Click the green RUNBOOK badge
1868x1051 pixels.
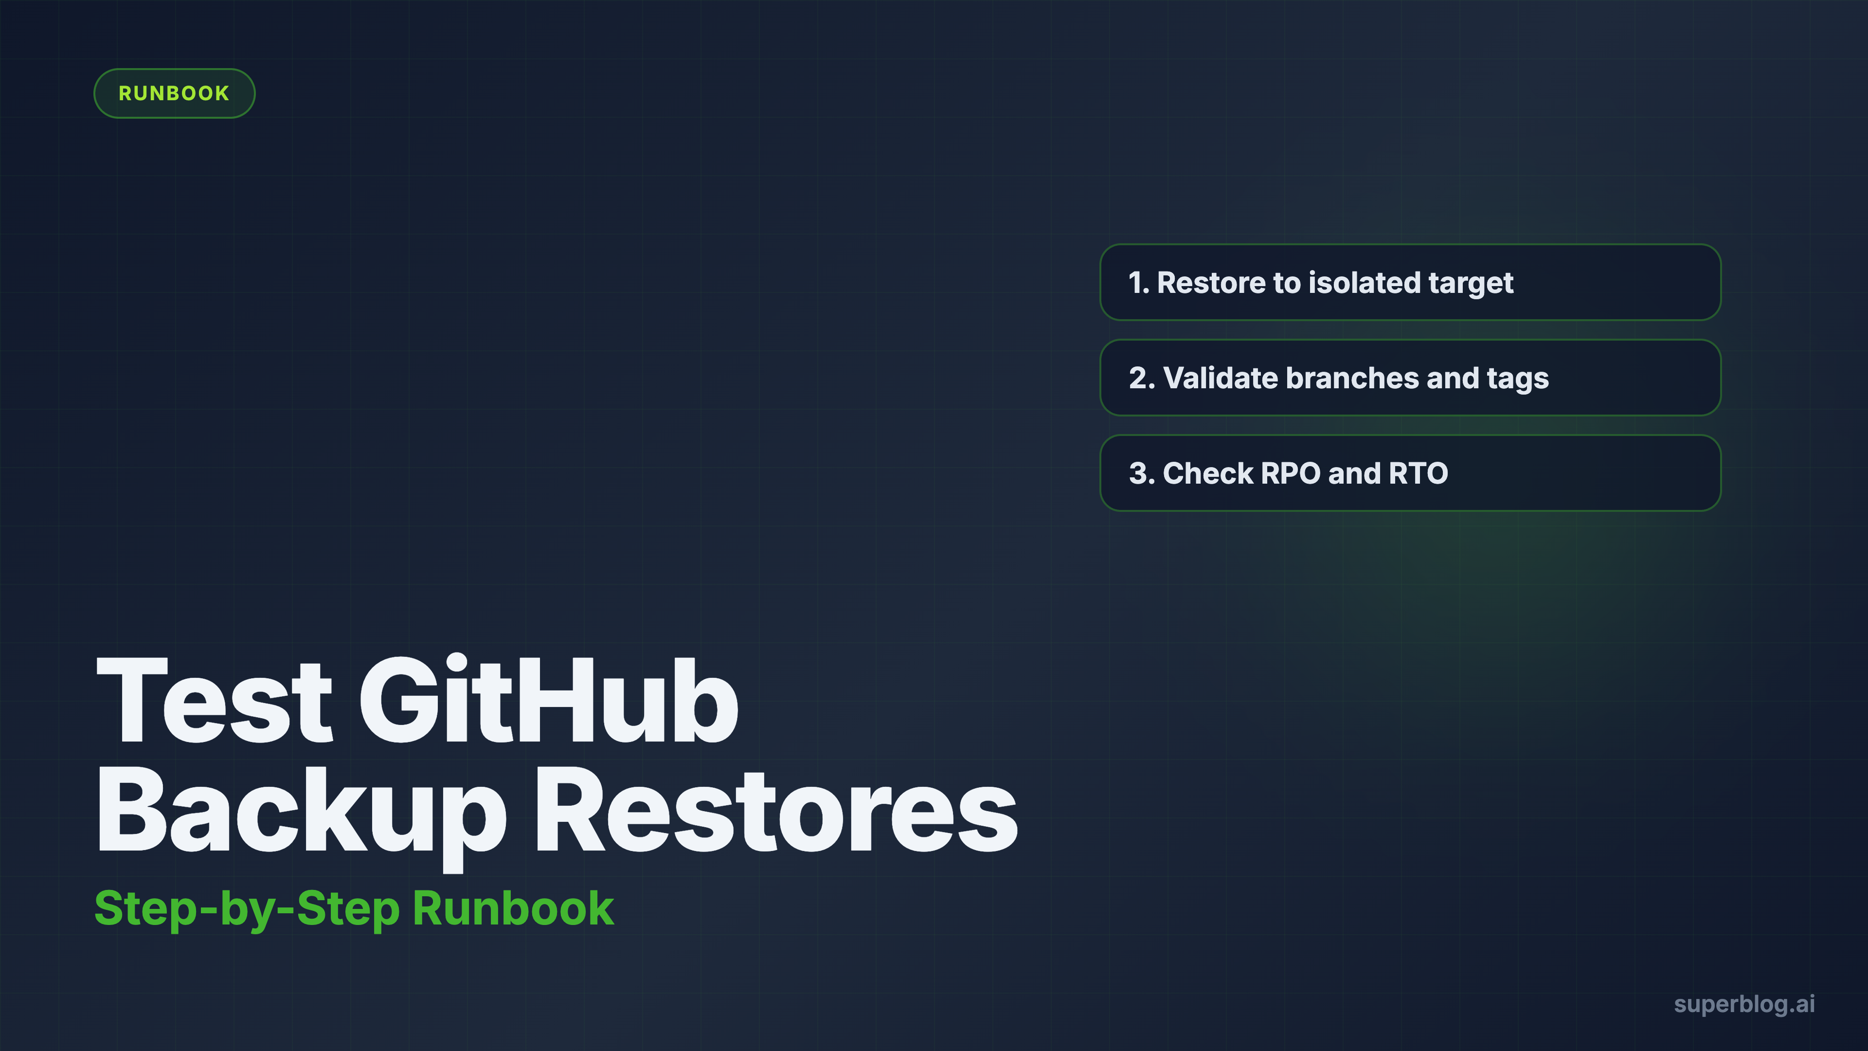174,93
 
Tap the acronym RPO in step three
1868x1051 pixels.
1291,473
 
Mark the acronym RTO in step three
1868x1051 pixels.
1418,473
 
